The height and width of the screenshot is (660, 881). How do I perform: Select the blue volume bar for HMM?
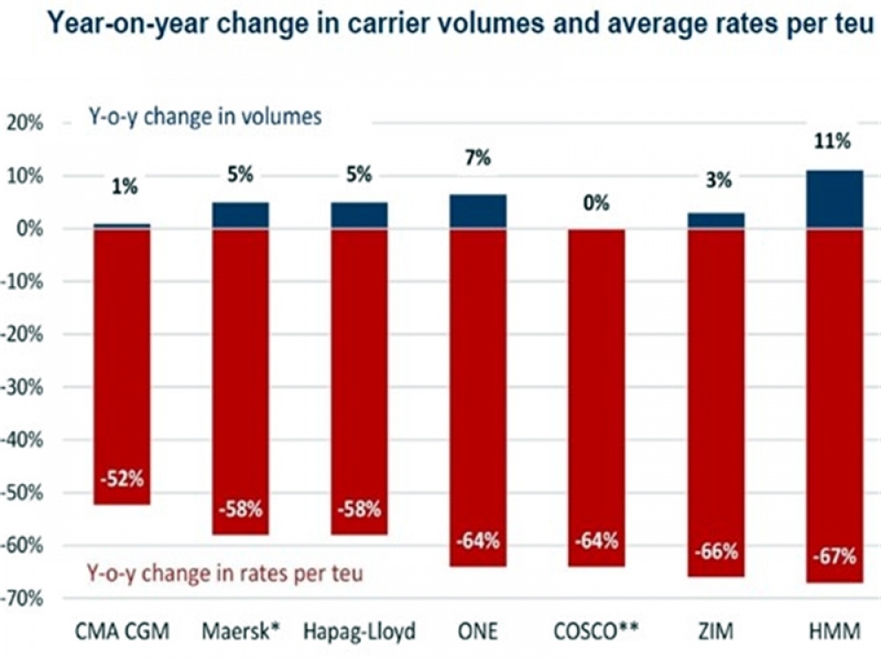pos(834,199)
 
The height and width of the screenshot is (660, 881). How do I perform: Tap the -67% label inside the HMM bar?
pos(834,556)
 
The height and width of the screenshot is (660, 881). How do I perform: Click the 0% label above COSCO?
pos(596,203)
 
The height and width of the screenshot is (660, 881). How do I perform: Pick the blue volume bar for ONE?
pos(478,211)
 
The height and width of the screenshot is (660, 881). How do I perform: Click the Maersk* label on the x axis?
pos(240,631)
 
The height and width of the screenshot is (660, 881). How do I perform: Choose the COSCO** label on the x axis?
pos(596,631)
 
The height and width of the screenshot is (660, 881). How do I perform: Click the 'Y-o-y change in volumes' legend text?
pos(203,117)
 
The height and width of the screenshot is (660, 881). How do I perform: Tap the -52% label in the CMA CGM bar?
pos(122,480)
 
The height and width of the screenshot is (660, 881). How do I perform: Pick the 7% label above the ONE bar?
pos(478,158)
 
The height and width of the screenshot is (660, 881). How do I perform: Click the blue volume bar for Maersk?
pos(240,216)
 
